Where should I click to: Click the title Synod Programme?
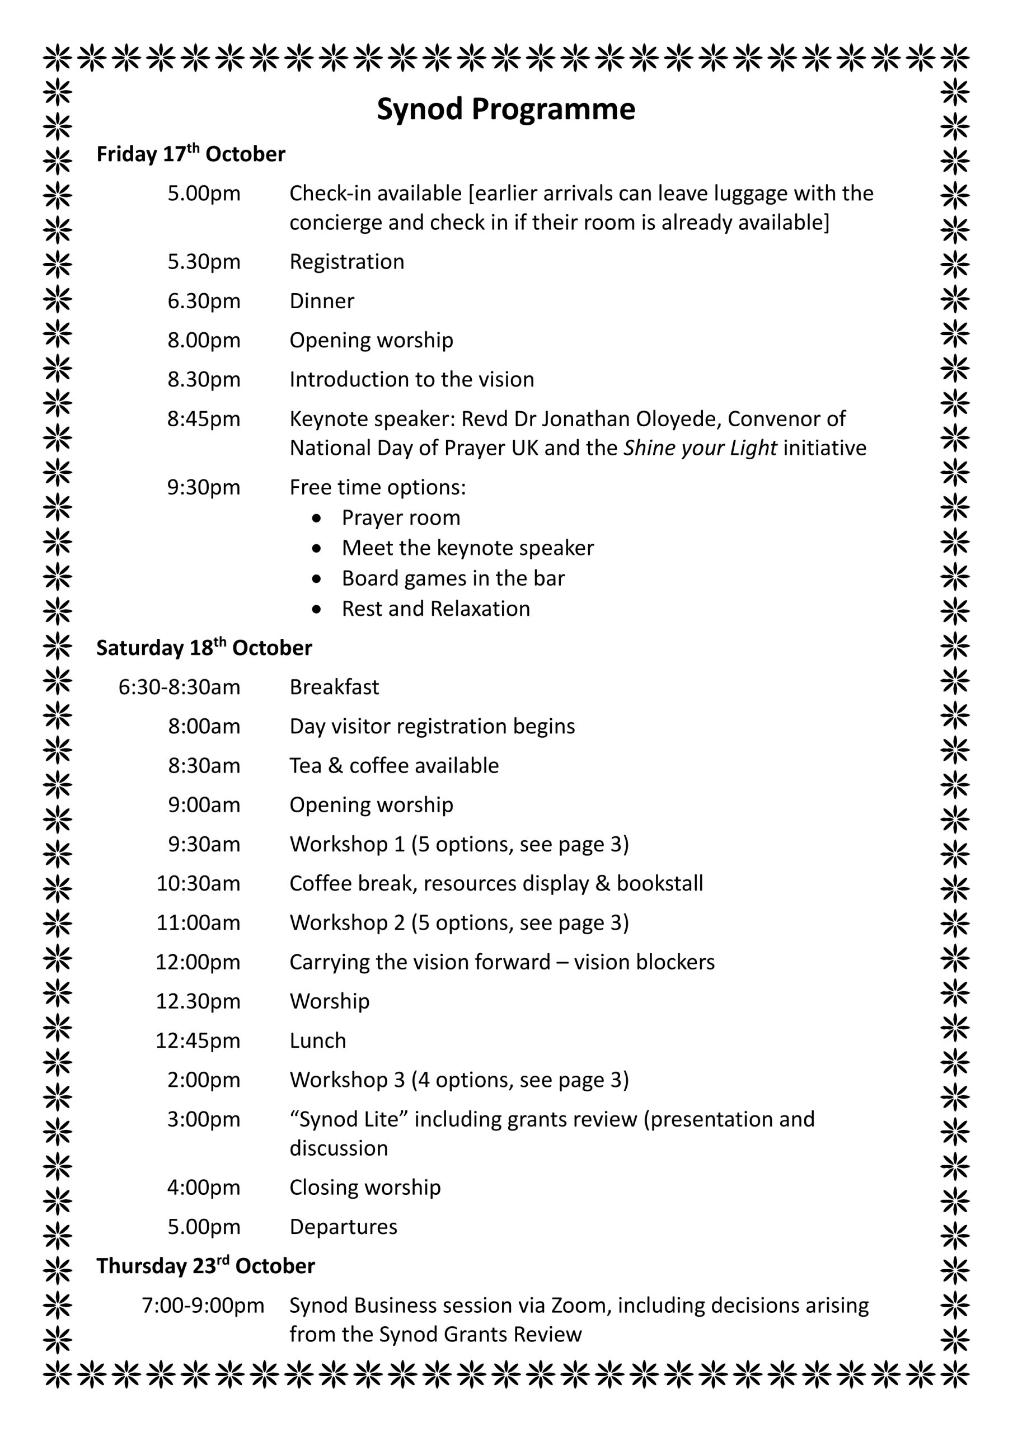(x=505, y=109)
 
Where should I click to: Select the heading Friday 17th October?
(x=190, y=154)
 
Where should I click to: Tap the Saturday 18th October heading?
(x=204, y=648)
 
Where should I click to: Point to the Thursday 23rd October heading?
(x=205, y=1266)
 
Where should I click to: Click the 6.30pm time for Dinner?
(x=204, y=302)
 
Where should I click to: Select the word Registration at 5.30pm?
(x=346, y=262)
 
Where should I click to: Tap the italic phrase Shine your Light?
(x=700, y=449)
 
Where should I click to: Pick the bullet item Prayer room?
(x=401, y=517)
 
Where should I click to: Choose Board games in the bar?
(x=453, y=579)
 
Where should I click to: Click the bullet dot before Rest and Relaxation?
(x=317, y=609)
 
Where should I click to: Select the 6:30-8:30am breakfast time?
(x=179, y=687)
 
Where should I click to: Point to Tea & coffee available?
(x=394, y=766)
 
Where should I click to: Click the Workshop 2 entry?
(x=459, y=923)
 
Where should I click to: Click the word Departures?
(x=343, y=1227)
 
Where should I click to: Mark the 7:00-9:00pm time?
(x=203, y=1306)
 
